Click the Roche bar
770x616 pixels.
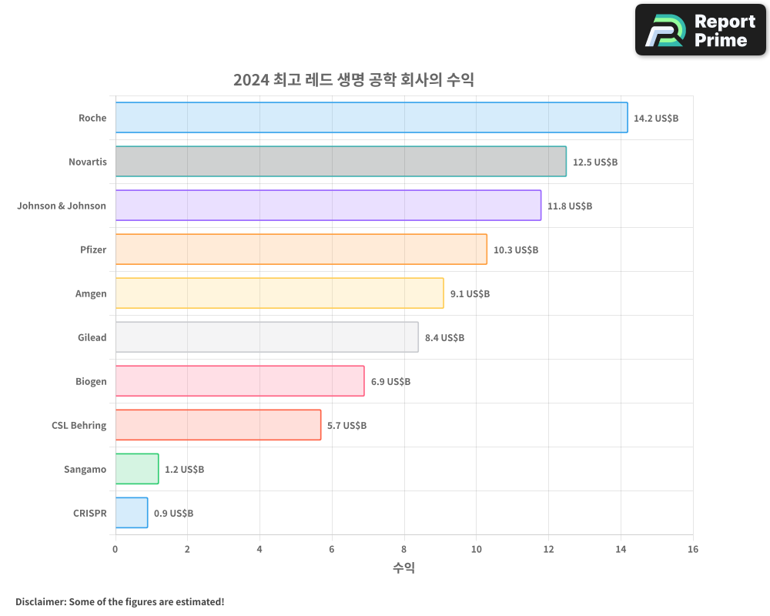[371, 118]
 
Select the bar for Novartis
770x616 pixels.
[340, 162]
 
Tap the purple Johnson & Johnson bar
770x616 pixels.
[328, 206]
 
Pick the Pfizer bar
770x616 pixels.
[301, 249]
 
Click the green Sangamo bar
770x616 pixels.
[137, 469]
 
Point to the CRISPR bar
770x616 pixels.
[132, 513]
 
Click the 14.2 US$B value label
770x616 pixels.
[656, 119]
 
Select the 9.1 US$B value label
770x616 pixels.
[470, 294]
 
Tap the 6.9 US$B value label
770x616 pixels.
[390, 382]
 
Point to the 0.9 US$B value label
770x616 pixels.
[173, 514]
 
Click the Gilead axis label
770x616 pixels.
[92, 337]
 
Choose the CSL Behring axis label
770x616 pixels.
[79, 425]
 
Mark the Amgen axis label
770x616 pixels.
[91, 293]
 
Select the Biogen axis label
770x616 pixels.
[91, 381]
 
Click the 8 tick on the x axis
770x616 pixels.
[404, 549]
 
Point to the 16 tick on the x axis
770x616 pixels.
[693, 549]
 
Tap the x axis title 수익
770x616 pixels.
[403, 568]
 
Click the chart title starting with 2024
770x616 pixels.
[353, 79]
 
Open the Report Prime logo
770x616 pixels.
[700, 30]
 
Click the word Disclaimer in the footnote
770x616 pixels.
[39, 601]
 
